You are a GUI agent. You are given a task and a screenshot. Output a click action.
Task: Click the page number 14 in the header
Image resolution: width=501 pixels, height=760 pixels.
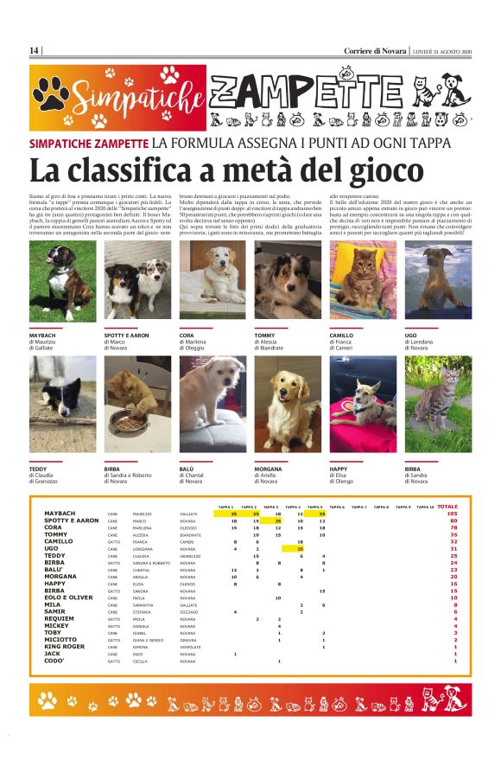pyautogui.click(x=34, y=51)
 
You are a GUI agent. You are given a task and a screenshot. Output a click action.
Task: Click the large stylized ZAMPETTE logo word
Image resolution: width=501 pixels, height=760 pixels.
pyautogui.click(x=339, y=90)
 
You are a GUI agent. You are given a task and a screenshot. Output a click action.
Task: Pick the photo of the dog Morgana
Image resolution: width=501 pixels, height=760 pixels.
pyautogui.click(x=287, y=404)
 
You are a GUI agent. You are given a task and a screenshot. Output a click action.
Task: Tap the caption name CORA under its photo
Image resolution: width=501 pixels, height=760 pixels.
pyautogui.click(x=187, y=334)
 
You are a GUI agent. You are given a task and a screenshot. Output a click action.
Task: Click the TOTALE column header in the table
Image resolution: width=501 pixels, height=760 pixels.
pyautogui.click(x=447, y=507)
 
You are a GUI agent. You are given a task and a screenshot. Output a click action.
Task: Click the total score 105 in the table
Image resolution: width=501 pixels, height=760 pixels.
pyautogui.click(x=452, y=514)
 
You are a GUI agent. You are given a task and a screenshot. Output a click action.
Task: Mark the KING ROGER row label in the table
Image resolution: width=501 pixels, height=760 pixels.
pyautogui.click(x=65, y=646)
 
